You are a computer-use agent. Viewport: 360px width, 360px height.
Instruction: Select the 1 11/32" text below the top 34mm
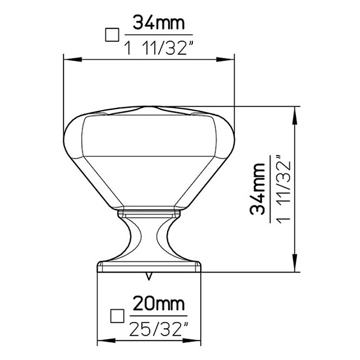pyautogui.click(x=159, y=49)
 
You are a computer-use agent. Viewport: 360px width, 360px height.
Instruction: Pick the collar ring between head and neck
pyautogui.click(x=149, y=213)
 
